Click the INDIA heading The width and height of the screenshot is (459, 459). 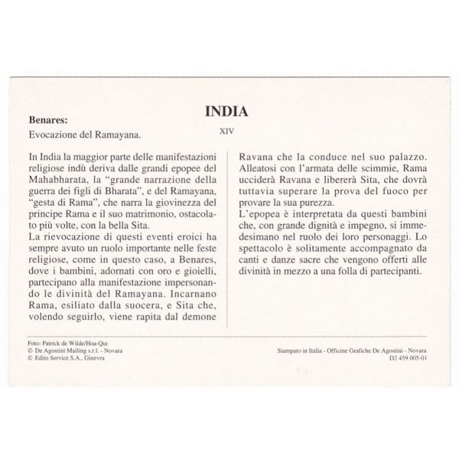(x=229, y=112)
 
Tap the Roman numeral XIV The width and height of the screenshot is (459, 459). (x=226, y=131)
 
